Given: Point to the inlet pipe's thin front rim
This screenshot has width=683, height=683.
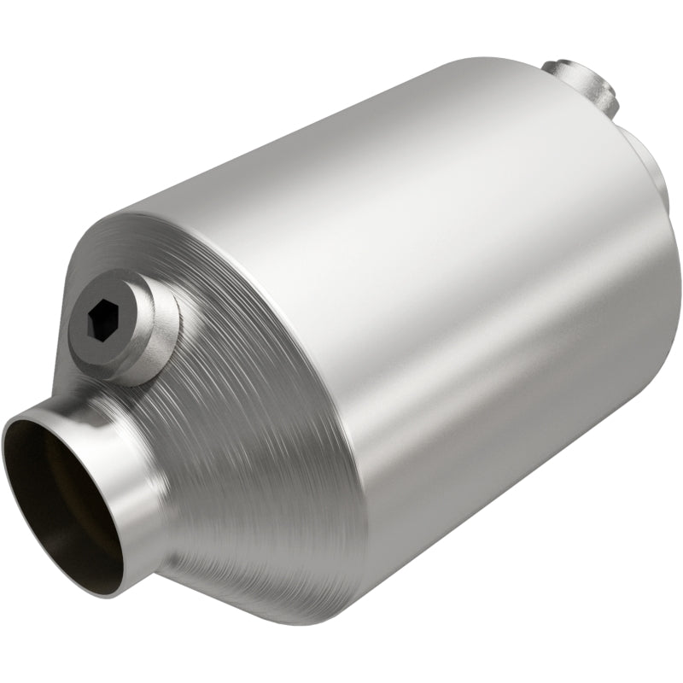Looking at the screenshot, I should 26,423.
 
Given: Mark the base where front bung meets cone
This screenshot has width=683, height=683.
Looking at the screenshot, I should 171,359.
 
